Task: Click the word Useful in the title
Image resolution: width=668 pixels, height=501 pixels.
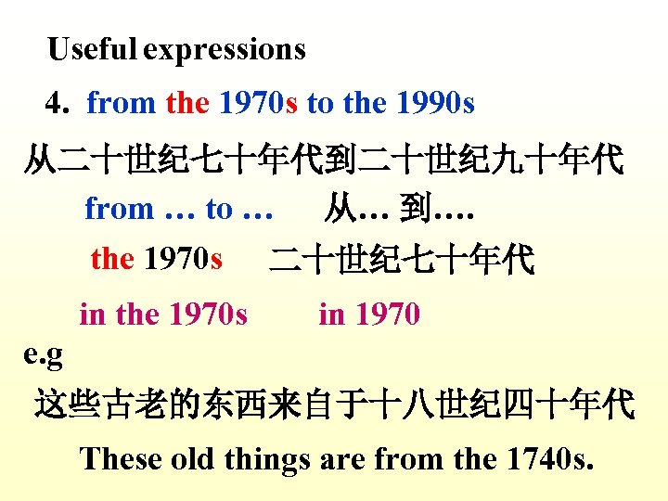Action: (93, 48)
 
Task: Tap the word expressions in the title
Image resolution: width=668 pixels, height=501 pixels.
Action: (225, 49)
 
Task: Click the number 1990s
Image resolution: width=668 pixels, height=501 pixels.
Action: (435, 103)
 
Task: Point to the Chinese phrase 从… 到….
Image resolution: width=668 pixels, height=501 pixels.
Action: (399, 209)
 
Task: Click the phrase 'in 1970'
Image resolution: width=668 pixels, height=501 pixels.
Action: (369, 315)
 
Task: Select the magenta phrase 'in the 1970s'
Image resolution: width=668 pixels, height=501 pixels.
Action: (163, 315)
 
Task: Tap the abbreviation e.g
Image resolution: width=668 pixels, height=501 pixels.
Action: (43, 354)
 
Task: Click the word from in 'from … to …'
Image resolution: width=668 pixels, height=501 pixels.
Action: (120, 209)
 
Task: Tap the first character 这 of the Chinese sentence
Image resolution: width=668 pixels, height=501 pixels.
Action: (50, 405)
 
